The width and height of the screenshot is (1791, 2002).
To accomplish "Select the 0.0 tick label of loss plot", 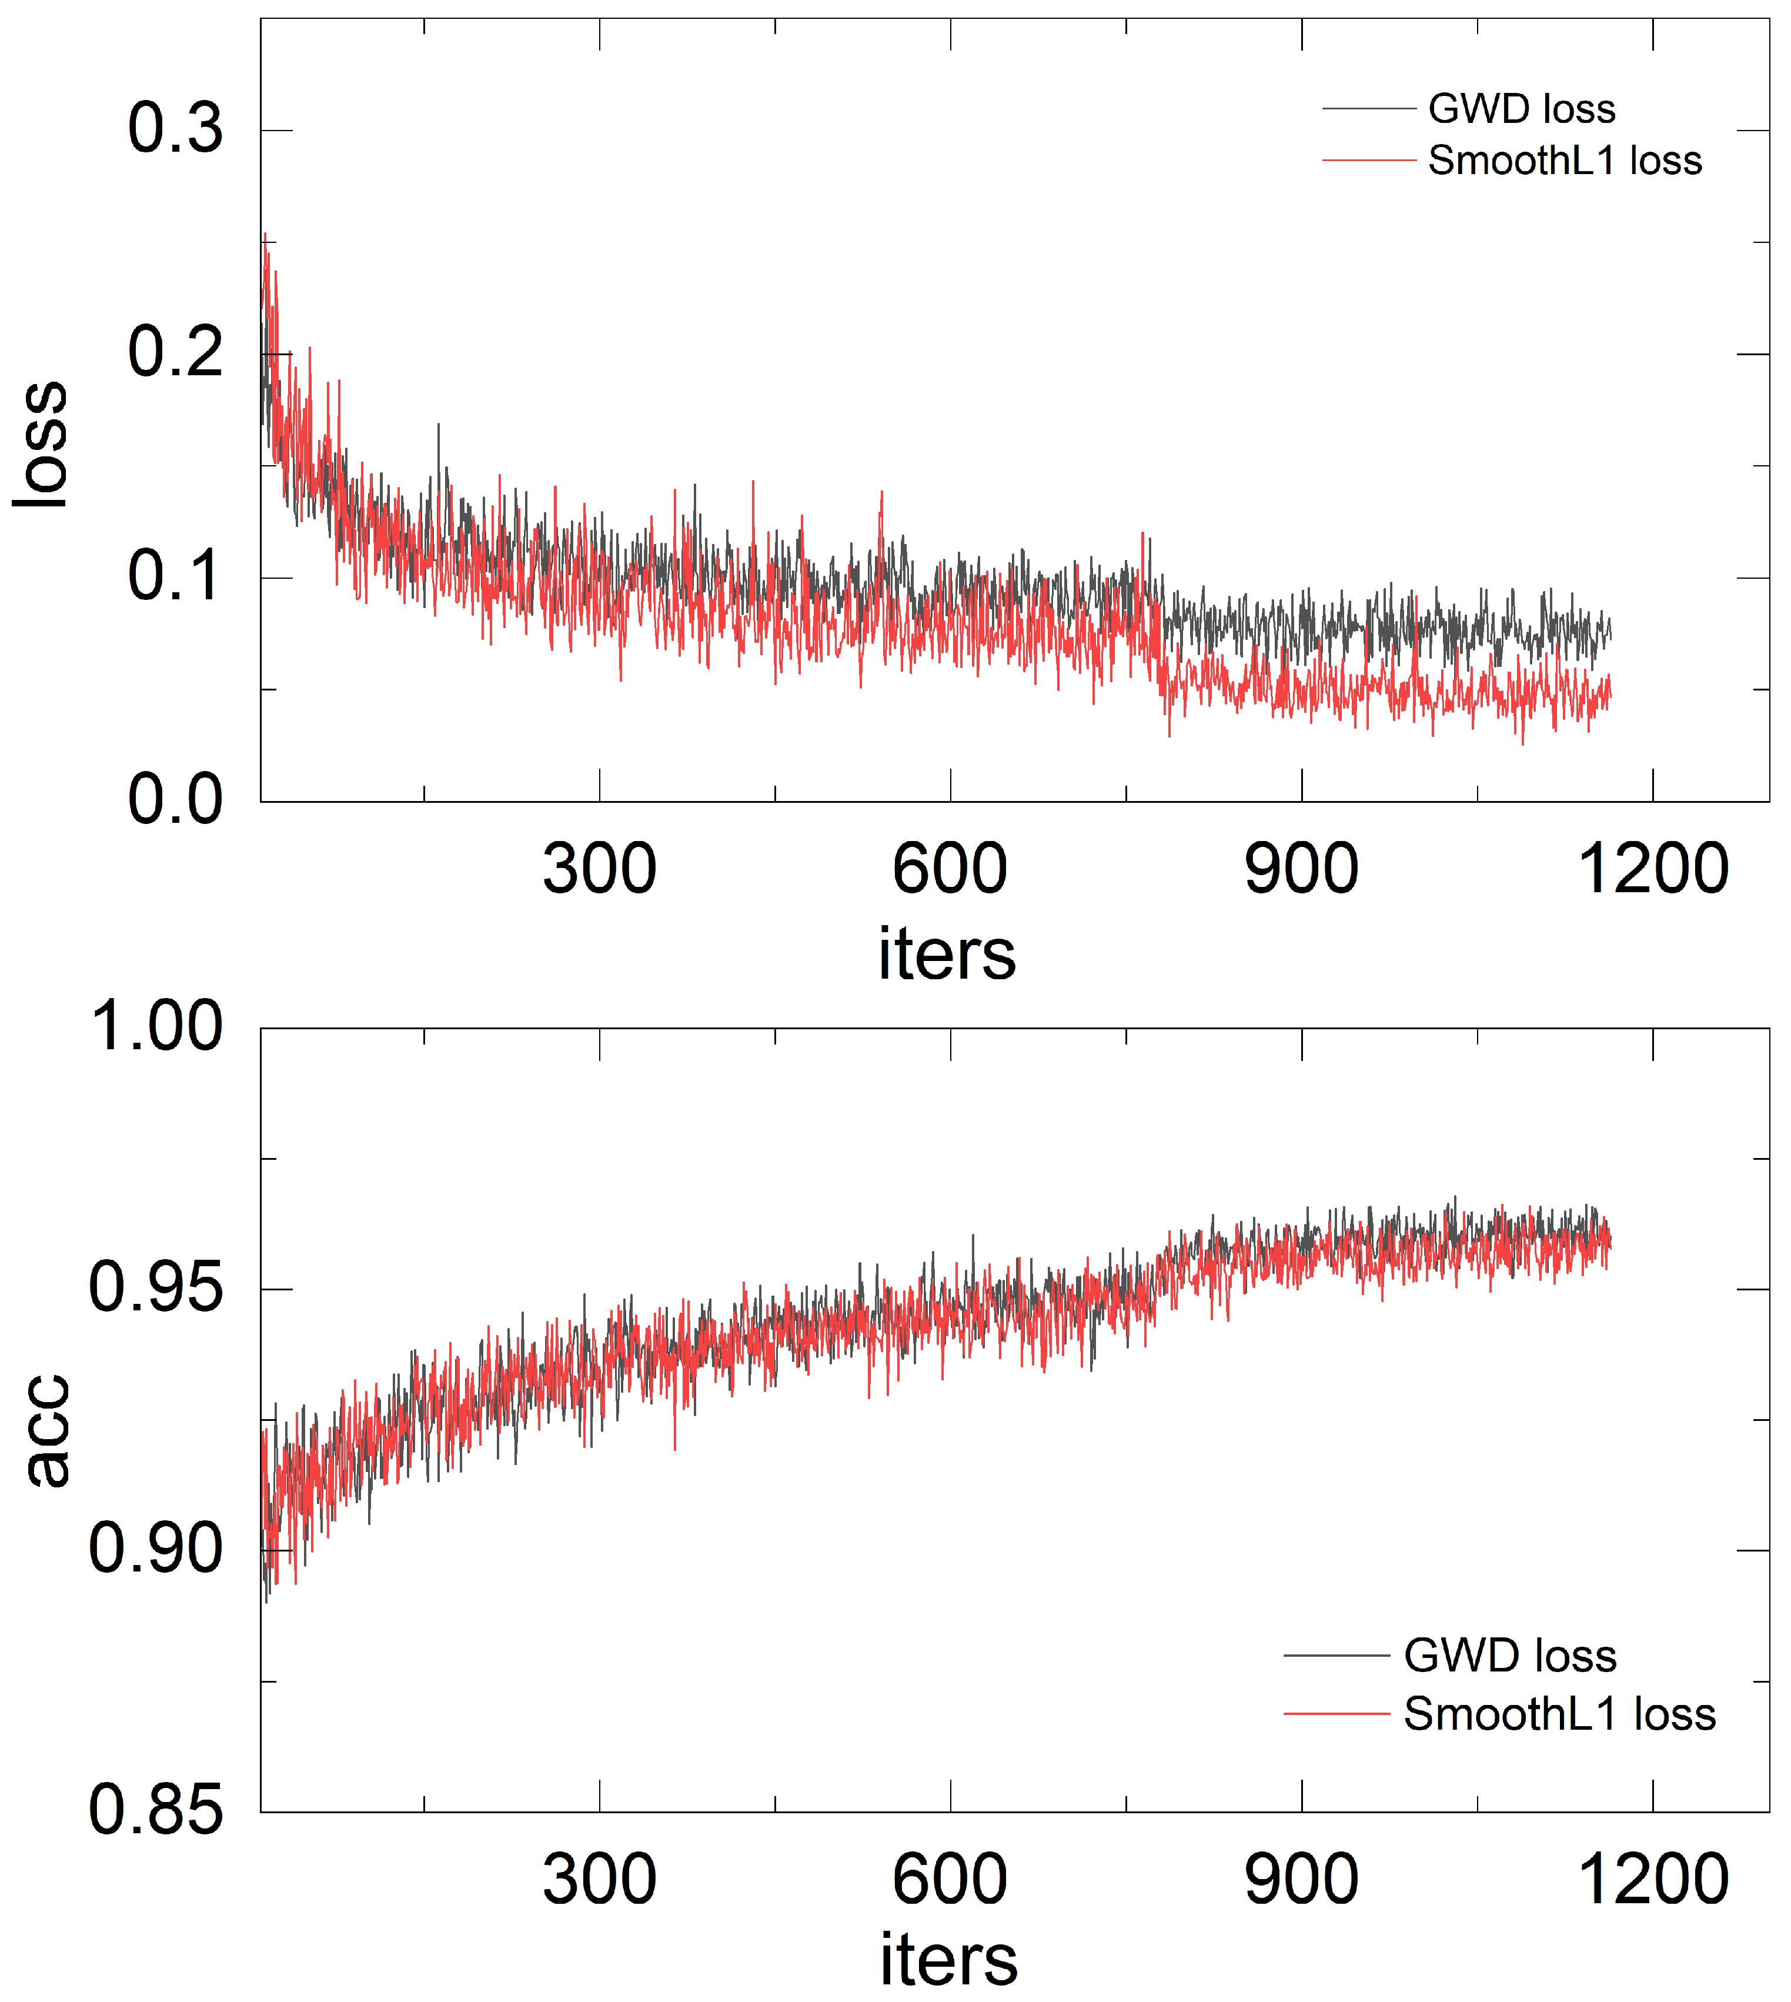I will [x=175, y=800].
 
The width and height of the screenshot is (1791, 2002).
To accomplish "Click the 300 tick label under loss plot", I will [x=599, y=870].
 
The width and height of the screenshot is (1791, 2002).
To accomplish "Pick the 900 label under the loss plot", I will [x=1301, y=870].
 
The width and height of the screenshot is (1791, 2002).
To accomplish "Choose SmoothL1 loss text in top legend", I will [x=1565, y=161].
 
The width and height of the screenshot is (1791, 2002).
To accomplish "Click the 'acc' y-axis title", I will [x=47, y=1430].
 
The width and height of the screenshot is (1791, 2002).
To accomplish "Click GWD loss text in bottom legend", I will [x=1509, y=1656].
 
